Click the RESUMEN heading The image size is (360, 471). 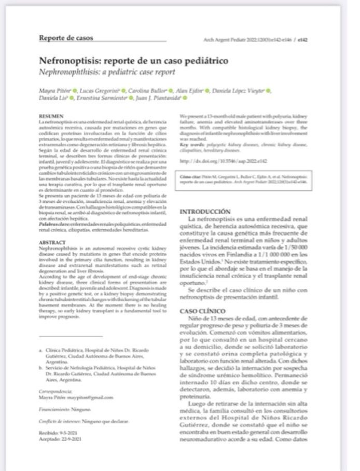click(x=51, y=116)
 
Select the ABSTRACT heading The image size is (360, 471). click(x=52, y=242)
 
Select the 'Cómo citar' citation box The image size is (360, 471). click(x=244, y=179)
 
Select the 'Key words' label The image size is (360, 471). click(x=190, y=143)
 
